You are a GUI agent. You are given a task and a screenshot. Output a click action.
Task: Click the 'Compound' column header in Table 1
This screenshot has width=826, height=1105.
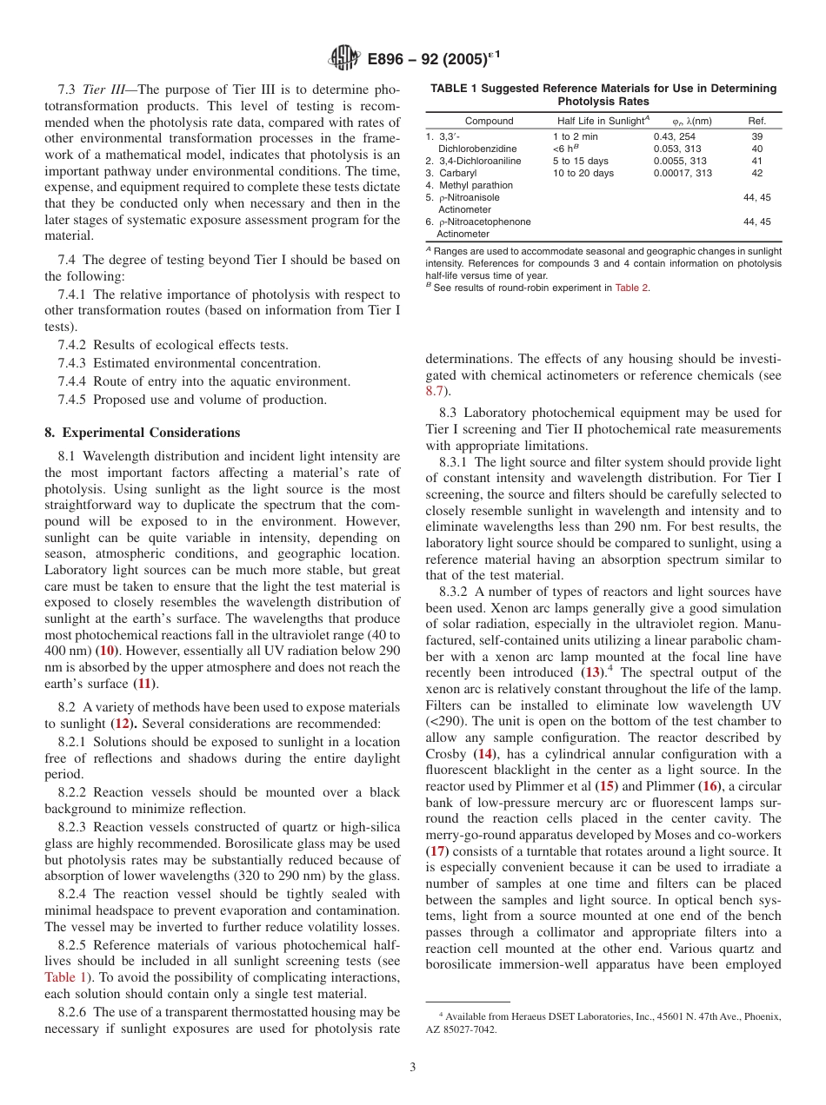[489, 121]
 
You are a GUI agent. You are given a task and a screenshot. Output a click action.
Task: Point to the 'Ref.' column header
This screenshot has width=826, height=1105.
[756, 121]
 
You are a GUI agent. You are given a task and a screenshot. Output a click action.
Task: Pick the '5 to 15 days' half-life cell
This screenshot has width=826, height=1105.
[581, 161]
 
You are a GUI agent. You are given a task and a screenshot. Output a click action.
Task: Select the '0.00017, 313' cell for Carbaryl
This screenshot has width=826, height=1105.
[683, 173]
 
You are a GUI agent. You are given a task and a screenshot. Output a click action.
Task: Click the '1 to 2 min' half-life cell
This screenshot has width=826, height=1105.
[576, 136]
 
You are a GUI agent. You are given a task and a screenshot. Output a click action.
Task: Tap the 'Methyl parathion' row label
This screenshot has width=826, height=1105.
[476, 185]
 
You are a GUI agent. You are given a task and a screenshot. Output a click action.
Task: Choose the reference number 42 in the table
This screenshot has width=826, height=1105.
[756, 173]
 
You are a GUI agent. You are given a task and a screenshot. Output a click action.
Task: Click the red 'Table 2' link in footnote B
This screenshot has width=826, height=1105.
[632, 288]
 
